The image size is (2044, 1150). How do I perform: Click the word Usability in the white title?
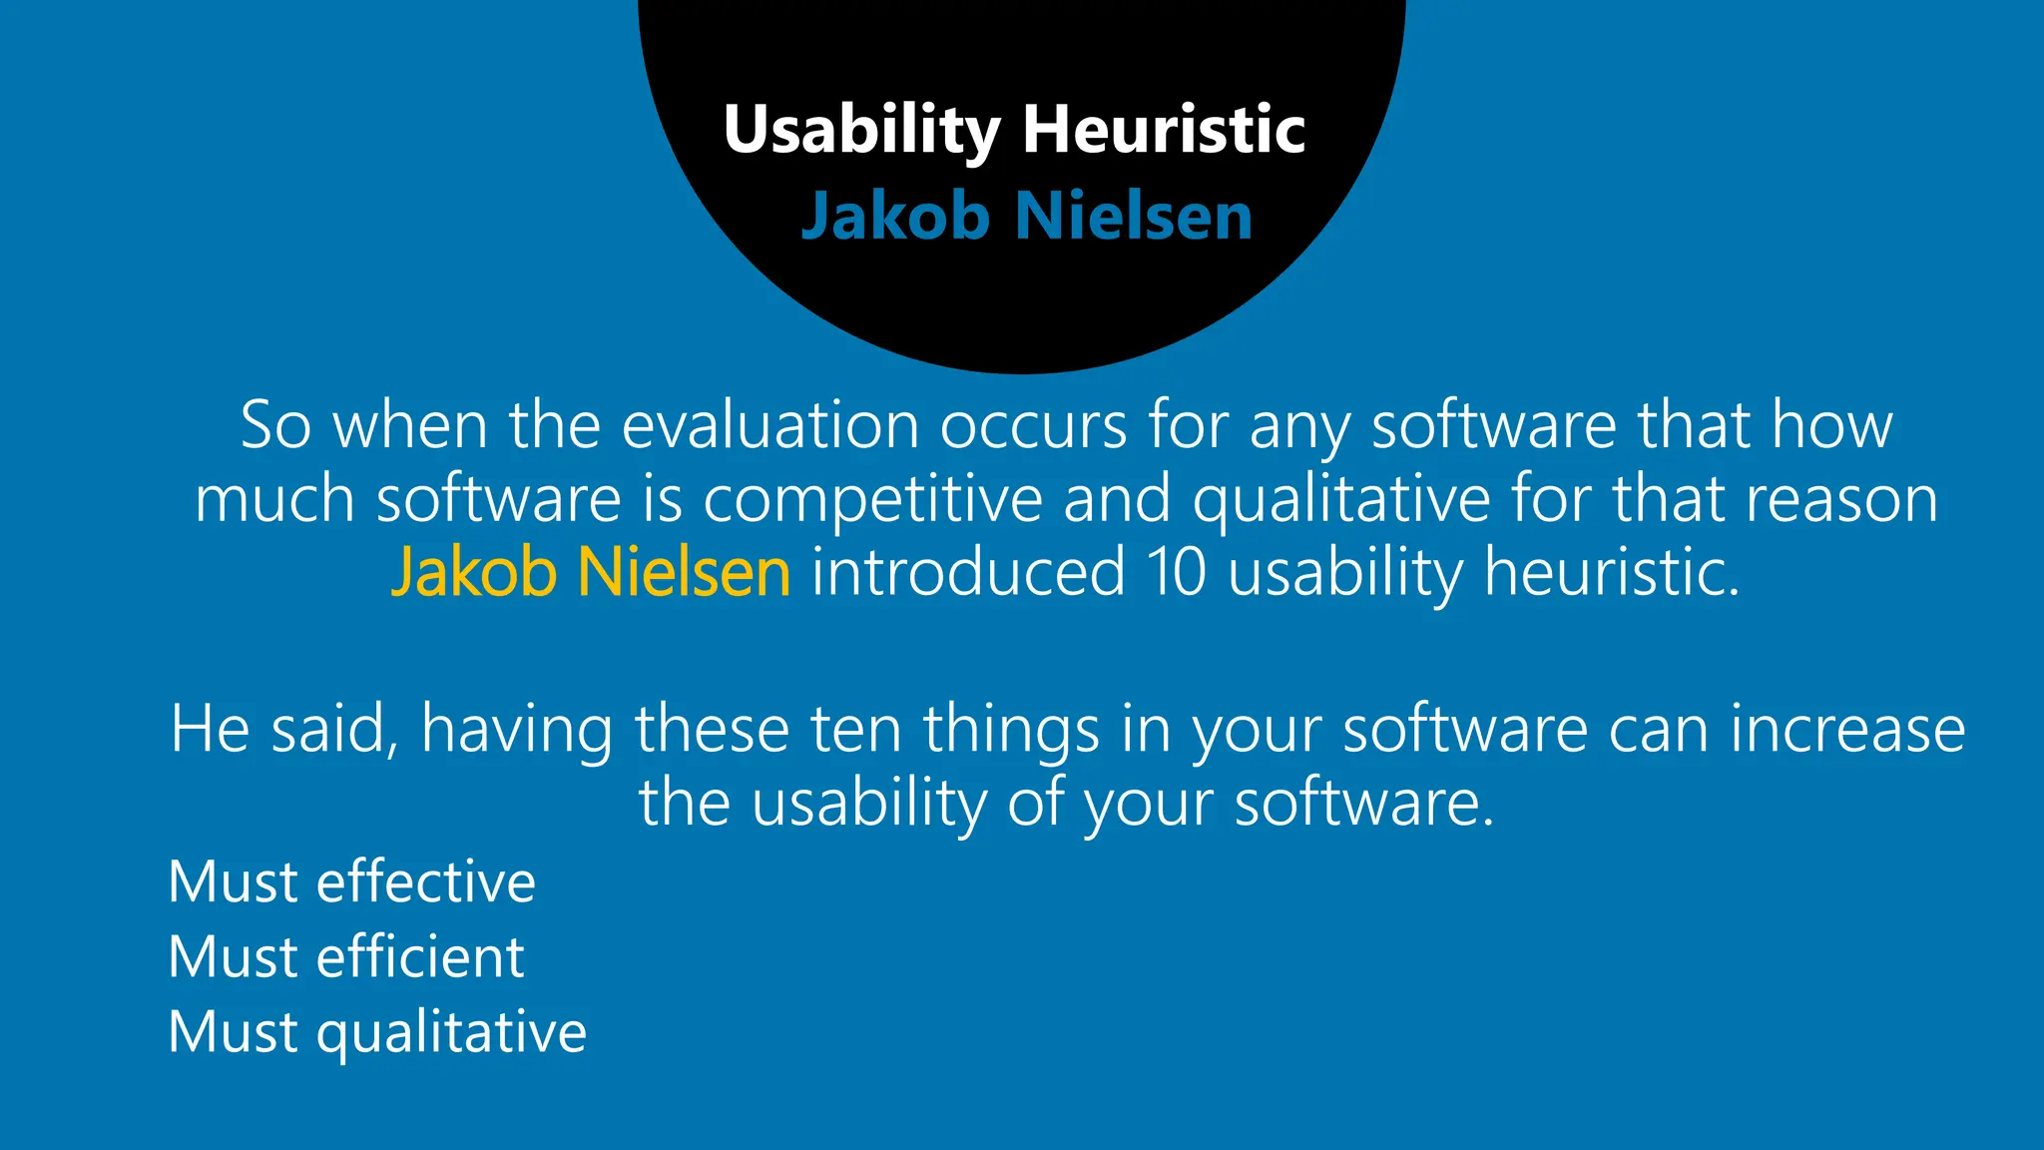(x=861, y=131)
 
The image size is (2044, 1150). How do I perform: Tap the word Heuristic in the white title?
(x=1164, y=131)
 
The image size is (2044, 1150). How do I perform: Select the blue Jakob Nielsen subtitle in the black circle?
(x=1027, y=216)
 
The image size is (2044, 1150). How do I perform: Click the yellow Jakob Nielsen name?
(x=591, y=572)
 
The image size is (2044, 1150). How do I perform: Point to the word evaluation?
(x=769, y=425)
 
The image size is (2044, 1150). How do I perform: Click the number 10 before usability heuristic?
(x=1176, y=572)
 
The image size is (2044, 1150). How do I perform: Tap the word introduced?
(x=967, y=572)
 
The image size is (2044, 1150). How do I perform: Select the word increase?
(x=1847, y=729)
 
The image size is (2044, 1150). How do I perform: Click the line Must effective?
(x=352, y=881)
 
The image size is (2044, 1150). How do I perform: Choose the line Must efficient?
(x=346, y=956)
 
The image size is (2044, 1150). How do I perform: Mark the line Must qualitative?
(x=377, y=1031)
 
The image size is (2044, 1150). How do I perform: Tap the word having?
(x=517, y=729)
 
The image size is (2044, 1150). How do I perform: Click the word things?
(x=1011, y=729)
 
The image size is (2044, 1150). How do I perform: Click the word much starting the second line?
(x=274, y=498)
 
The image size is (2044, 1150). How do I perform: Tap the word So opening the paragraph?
(x=275, y=425)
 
